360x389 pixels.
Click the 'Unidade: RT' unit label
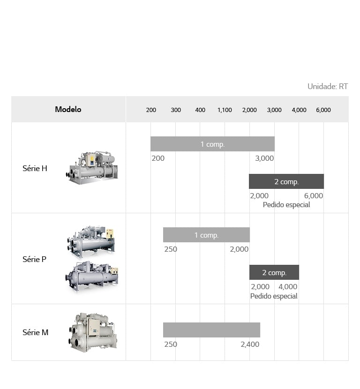coord(327,86)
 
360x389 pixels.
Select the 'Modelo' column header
coord(68,109)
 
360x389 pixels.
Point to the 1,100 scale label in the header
coord(225,110)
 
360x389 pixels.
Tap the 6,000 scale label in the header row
coord(323,110)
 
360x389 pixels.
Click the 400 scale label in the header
coord(200,110)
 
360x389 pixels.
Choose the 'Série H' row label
coord(35,168)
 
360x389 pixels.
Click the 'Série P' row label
coord(34,259)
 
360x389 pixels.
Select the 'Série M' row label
coord(35,332)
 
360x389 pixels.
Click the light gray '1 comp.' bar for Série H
coord(212,144)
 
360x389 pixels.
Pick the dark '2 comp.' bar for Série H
coord(286,181)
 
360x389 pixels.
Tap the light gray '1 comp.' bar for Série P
coord(206,235)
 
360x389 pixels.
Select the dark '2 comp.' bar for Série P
coord(274,272)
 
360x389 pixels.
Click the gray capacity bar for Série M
coord(211,330)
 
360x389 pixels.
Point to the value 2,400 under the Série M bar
coord(250,344)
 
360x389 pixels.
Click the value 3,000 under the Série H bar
coord(264,158)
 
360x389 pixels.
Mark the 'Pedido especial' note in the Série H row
coord(286,205)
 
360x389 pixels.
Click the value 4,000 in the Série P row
coord(288,287)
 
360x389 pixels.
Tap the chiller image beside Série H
coord(92,167)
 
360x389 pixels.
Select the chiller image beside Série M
coord(92,332)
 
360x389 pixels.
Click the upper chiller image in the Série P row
coord(91,240)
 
